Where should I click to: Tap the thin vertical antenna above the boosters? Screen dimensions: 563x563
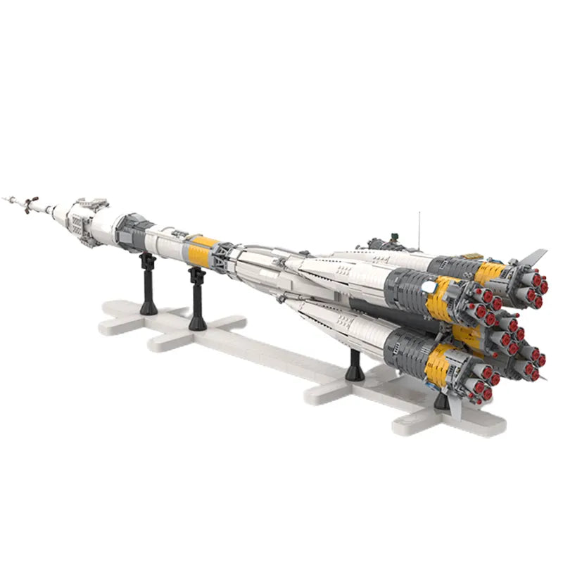click(419, 227)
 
